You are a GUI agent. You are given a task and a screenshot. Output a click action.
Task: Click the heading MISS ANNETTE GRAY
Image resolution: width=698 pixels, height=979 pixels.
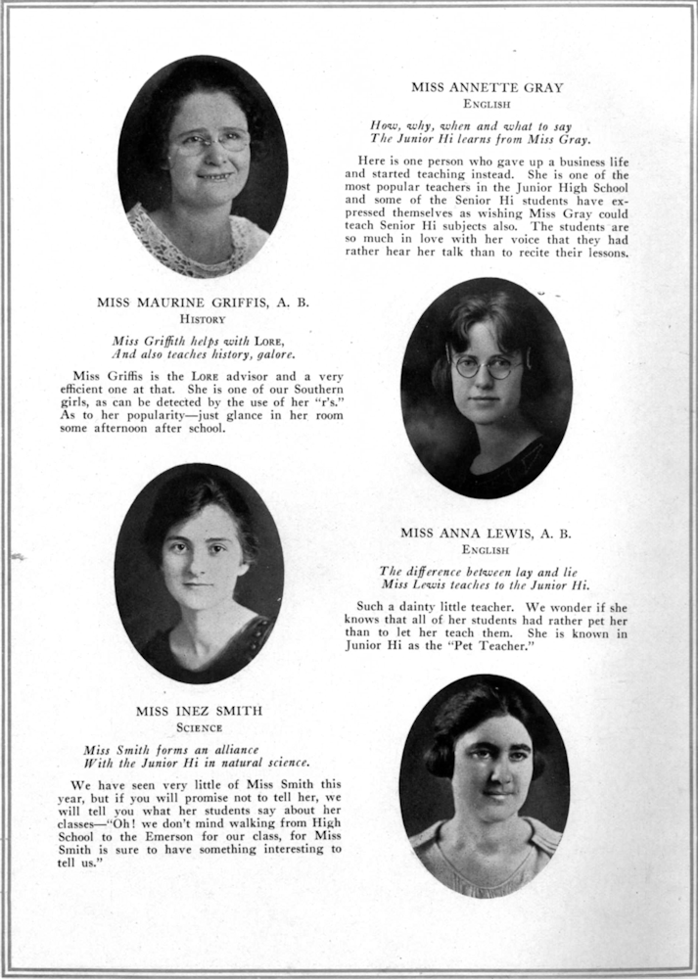pos(487,87)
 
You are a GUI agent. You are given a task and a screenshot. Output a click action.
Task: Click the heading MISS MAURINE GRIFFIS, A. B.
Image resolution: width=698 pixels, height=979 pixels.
pos(203,303)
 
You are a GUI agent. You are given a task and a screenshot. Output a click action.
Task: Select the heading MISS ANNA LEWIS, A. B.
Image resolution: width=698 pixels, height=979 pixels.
pos(486,534)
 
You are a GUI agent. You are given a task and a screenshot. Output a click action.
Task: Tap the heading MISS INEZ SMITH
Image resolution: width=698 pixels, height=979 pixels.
pos(200,711)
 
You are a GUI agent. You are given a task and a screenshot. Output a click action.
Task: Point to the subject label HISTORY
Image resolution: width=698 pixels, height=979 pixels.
pos(203,319)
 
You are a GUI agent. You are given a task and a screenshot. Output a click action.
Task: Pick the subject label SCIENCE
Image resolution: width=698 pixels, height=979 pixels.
pos(200,727)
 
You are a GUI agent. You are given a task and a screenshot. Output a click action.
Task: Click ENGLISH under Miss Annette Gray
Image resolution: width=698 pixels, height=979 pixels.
pos(487,103)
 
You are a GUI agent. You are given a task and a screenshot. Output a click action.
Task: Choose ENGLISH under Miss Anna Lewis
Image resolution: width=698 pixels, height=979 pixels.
pos(486,550)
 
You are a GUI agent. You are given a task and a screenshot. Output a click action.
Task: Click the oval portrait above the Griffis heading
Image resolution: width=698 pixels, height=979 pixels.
pos(203,166)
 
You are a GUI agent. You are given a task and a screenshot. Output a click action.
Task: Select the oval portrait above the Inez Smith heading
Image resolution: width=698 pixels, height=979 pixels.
pos(200,573)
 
